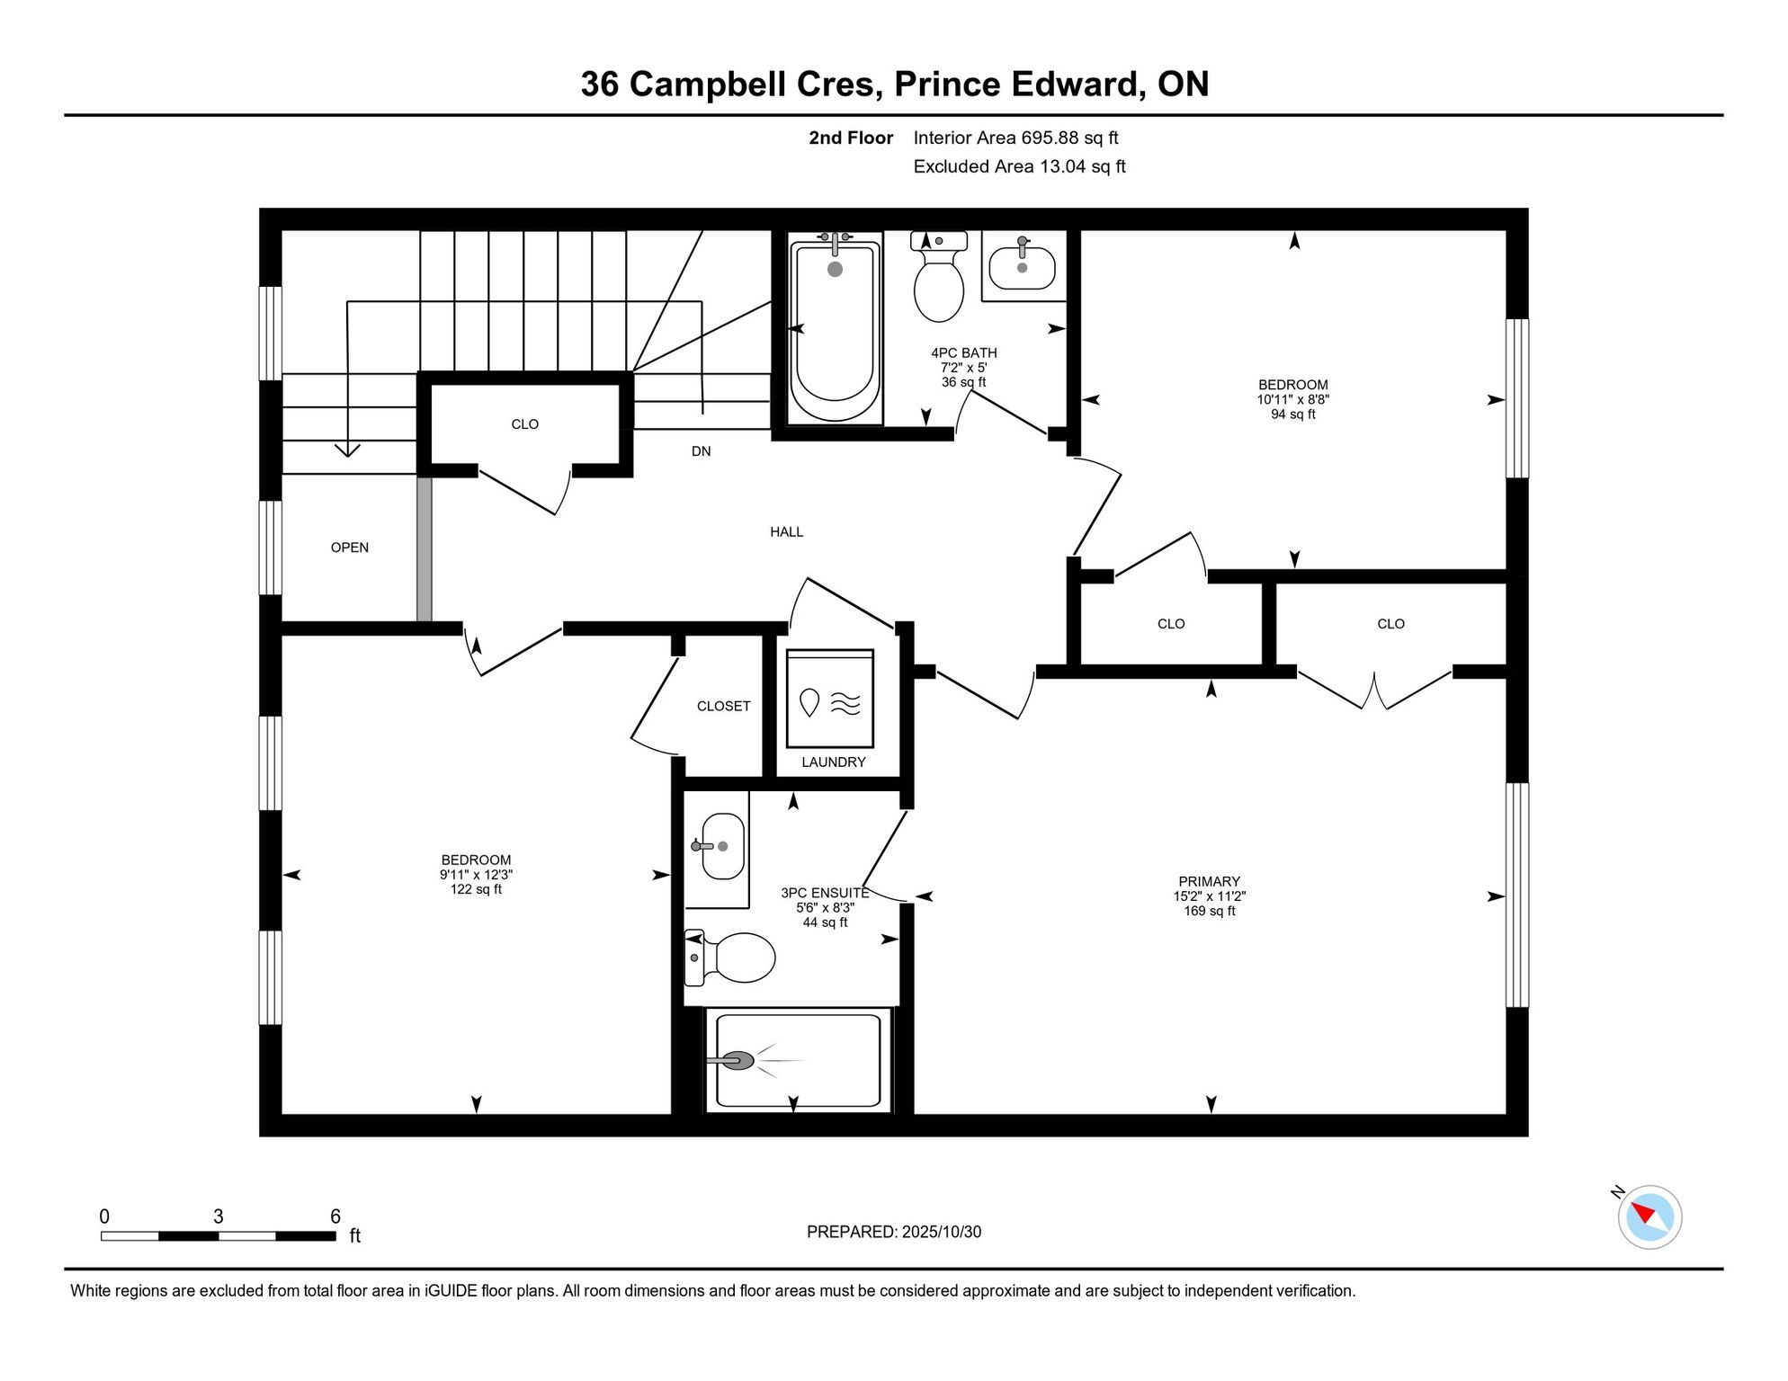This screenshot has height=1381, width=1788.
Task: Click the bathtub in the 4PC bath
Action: [835, 328]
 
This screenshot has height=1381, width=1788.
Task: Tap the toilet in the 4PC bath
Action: [938, 277]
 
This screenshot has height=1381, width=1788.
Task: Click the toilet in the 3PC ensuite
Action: [730, 958]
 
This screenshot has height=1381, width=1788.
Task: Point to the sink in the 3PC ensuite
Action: [721, 846]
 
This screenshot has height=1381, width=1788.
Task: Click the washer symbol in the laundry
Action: [830, 699]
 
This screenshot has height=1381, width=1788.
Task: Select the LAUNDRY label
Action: [834, 762]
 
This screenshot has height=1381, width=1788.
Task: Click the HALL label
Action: [787, 532]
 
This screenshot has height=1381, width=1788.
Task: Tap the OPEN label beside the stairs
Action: [350, 548]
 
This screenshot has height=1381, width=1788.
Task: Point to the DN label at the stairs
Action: [702, 451]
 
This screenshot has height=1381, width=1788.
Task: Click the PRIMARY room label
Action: [1210, 882]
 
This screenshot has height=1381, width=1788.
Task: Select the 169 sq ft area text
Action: [1210, 911]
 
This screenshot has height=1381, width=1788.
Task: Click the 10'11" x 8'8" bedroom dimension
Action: [1293, 399]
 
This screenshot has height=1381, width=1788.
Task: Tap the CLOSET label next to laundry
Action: [724, 707]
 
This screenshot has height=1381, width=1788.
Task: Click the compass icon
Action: [1649, 1217]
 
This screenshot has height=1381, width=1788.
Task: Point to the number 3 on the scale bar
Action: [219, 1216]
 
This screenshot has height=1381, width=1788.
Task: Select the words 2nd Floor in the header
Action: [851, 138]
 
